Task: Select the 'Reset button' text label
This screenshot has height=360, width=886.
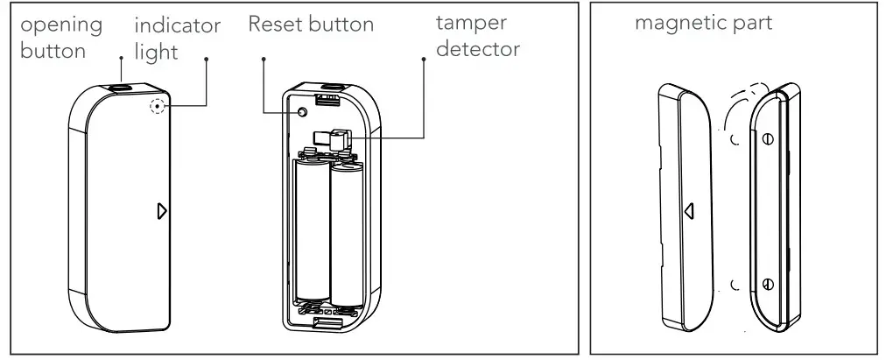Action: (x=311, y=25)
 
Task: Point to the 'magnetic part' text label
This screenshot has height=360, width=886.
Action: (x=704, y=24)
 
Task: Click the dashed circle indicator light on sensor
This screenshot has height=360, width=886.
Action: (x=158, y=108)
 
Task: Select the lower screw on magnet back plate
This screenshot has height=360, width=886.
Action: (x=767, y=284)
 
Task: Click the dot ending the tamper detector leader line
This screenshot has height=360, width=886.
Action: (x=425, y=60)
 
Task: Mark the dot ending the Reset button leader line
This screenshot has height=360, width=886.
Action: (x=265, y=60)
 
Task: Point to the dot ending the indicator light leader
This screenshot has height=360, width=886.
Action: (x=207, y=60)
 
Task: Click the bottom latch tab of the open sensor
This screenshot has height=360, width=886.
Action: (x=325, y=324)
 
